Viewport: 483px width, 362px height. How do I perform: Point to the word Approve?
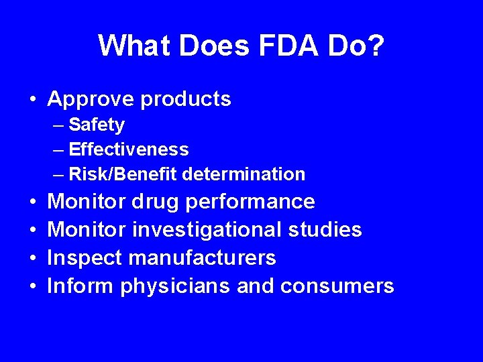(x=91, y=100)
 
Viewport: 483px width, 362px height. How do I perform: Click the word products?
(x=186, y=100)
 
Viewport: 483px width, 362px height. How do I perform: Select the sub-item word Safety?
(x=97, y=125)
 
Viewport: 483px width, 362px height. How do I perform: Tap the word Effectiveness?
(x=129, y=149)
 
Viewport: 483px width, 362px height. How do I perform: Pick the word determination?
(x=244, y=174)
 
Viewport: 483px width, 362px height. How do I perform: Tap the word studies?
(x=325, y=230)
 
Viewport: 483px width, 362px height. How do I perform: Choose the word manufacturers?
(x=201, y=258)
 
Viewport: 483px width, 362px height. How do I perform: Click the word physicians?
(x=175, y=286)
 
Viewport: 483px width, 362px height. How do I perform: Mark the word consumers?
(x=337, y=286)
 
